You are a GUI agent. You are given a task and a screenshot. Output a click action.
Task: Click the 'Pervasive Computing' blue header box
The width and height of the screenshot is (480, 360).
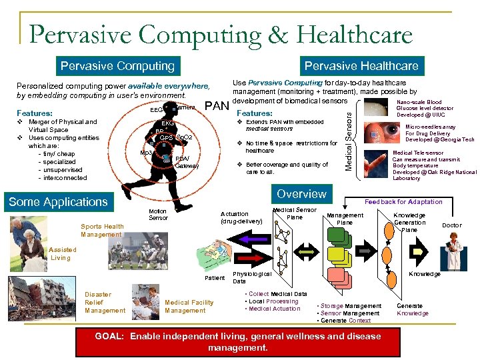117,66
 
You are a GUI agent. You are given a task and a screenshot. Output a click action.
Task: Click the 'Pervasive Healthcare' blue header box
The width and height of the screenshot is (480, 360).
361,66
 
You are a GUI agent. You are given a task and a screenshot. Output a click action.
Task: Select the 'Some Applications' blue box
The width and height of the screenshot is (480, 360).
58,202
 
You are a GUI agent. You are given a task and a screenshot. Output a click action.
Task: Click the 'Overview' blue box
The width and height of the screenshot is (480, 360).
301,194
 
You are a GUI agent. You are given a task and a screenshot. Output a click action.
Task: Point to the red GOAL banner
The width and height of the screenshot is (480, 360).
238,341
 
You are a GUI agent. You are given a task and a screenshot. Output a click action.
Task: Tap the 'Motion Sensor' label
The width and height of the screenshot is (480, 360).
158,214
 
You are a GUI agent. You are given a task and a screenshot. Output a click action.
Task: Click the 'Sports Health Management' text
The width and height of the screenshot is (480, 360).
102,230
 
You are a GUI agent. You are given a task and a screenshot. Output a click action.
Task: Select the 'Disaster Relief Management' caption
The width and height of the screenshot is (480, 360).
105,302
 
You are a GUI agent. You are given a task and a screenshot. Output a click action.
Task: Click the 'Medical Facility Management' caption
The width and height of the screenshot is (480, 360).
189,306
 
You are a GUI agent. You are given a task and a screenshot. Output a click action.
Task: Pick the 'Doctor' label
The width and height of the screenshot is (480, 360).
451,225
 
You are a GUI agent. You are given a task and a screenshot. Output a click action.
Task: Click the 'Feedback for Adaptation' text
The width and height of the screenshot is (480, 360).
403,201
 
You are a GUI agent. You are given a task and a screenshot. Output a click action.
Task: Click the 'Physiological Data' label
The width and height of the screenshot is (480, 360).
251,277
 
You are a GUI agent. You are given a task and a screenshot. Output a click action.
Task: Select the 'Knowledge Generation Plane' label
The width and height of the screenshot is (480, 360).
409,223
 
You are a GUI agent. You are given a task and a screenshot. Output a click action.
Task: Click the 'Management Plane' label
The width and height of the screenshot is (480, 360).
345,219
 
